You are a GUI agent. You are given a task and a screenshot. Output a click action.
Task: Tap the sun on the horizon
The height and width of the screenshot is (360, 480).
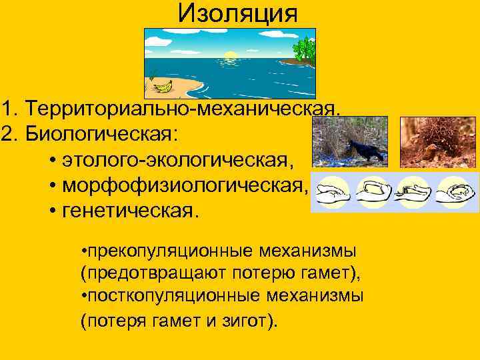(231, 55)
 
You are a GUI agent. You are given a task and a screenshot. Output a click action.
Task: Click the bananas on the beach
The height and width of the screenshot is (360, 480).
(162, 86)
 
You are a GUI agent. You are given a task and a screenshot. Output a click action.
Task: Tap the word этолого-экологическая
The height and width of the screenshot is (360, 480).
(177, 161)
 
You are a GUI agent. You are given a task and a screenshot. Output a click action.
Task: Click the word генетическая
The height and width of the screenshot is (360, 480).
(130, 212)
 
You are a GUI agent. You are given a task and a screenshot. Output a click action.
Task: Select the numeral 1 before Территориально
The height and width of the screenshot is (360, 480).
(7, 108)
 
